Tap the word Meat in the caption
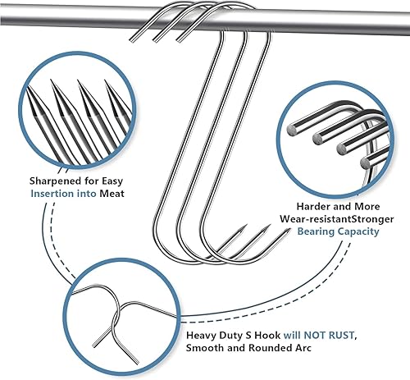click(x=112, y=194)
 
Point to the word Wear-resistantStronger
click(x=337, y=219)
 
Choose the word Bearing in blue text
click(x=316, y=231)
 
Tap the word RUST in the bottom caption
click(x=342, y=335)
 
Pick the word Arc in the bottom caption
click(x=303, y=348)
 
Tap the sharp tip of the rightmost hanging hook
click(x=289, y=229)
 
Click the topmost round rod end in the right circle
click(x=292, y=130)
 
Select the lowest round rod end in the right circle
click(x=366, y=163)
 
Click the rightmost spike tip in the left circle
click(x=105, y=80)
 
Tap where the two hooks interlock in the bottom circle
click(x=117, y=314)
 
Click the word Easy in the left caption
click(x=112, y=181)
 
